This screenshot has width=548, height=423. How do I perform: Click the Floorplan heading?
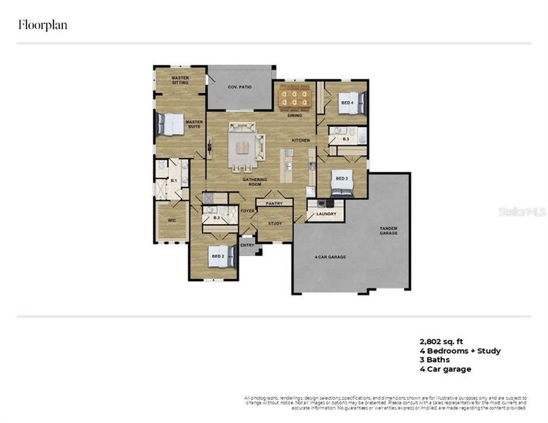[x=42, y=25]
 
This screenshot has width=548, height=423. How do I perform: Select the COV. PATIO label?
[x=239, y=87]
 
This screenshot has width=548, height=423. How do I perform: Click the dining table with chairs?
[x=294, y=97]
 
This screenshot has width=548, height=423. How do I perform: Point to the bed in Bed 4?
[x=350, y=103]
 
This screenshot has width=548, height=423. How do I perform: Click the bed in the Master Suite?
[x=169, y=124]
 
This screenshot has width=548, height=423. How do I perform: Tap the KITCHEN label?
[x=301, y=140]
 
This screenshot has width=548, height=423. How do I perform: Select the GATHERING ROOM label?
[x=252, y=181]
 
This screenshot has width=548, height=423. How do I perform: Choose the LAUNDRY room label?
[x=326, y=213]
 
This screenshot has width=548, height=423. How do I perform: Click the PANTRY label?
[x=274, y=203]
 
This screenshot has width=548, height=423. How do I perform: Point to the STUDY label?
[x=275, y=223]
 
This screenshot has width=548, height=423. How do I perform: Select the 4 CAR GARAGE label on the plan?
[x=330, y=257]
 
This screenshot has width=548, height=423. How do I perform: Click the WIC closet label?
[x=171, y=220]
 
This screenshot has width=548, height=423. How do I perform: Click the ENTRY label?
[x=247, y=245]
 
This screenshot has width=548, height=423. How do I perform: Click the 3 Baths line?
[x=434, y=360]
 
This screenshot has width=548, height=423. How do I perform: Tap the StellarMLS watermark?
[x=522, y=210]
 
